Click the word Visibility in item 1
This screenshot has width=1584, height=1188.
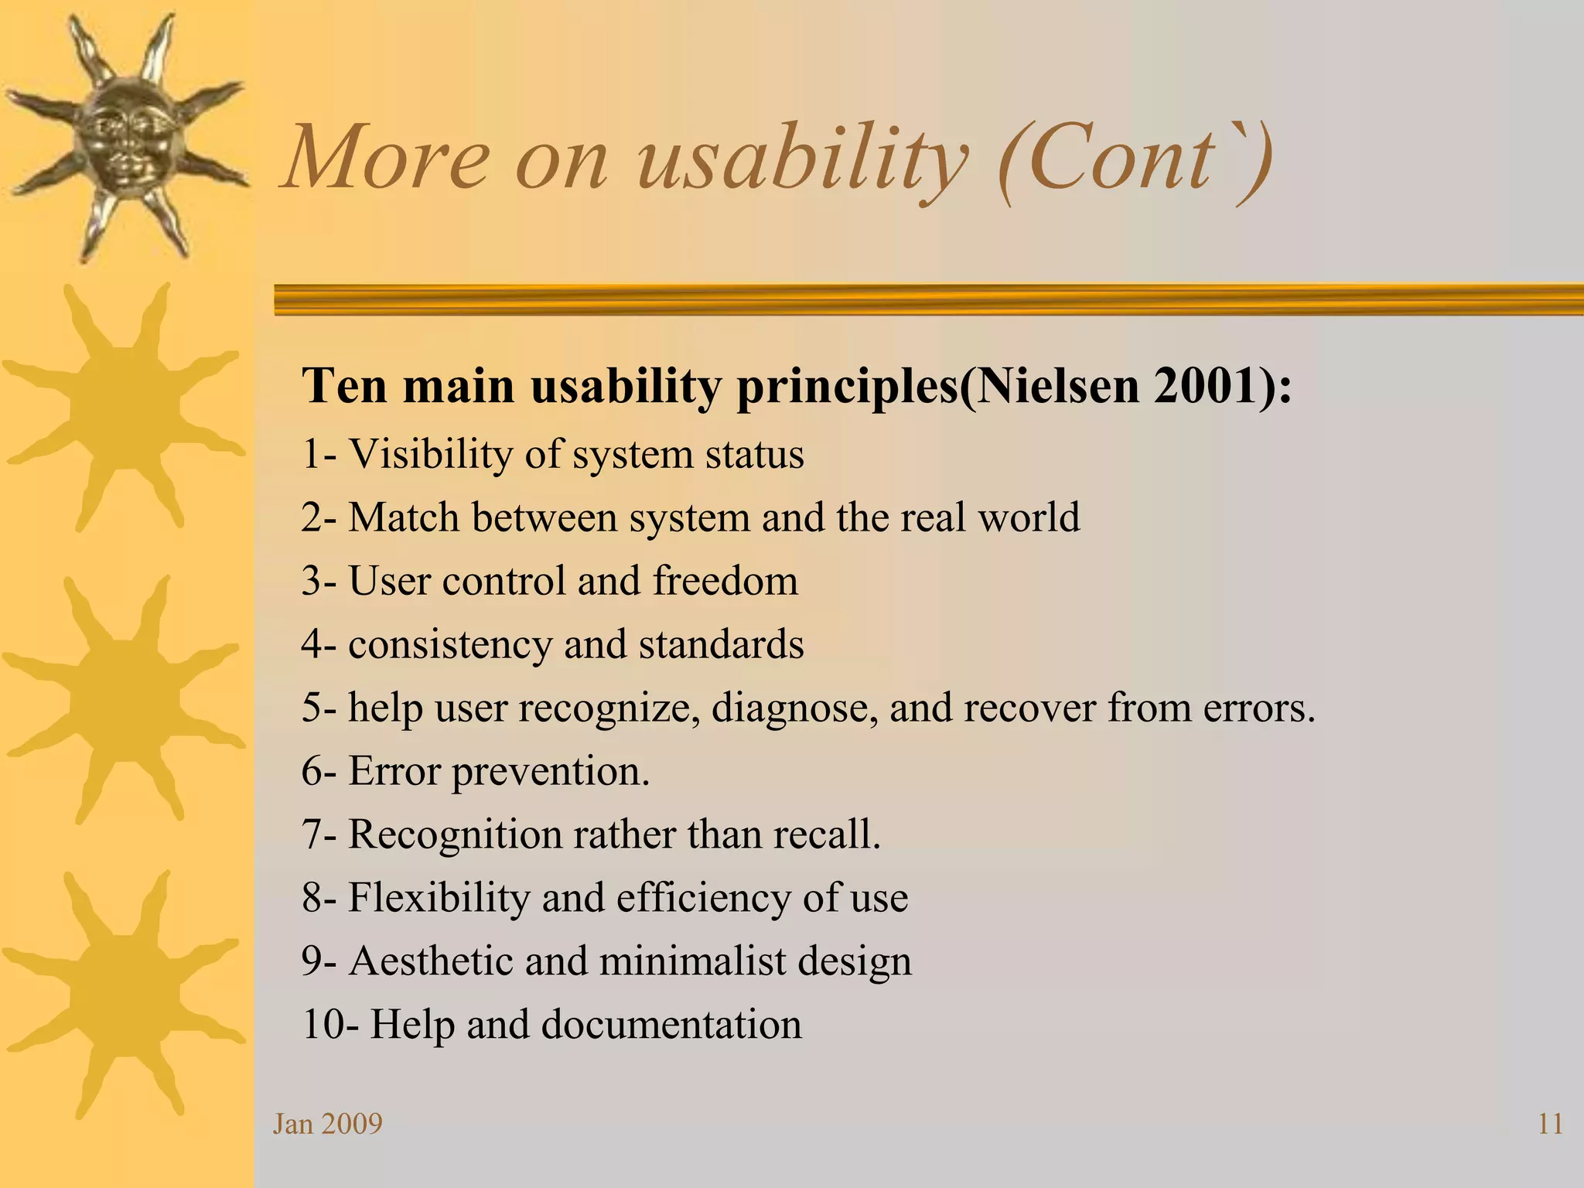429,454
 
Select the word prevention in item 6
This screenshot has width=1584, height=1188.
551,772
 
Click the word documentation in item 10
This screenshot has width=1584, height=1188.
671,1025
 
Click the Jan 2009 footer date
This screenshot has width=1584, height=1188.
328,1124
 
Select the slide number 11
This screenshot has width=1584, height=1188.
1550,1124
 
